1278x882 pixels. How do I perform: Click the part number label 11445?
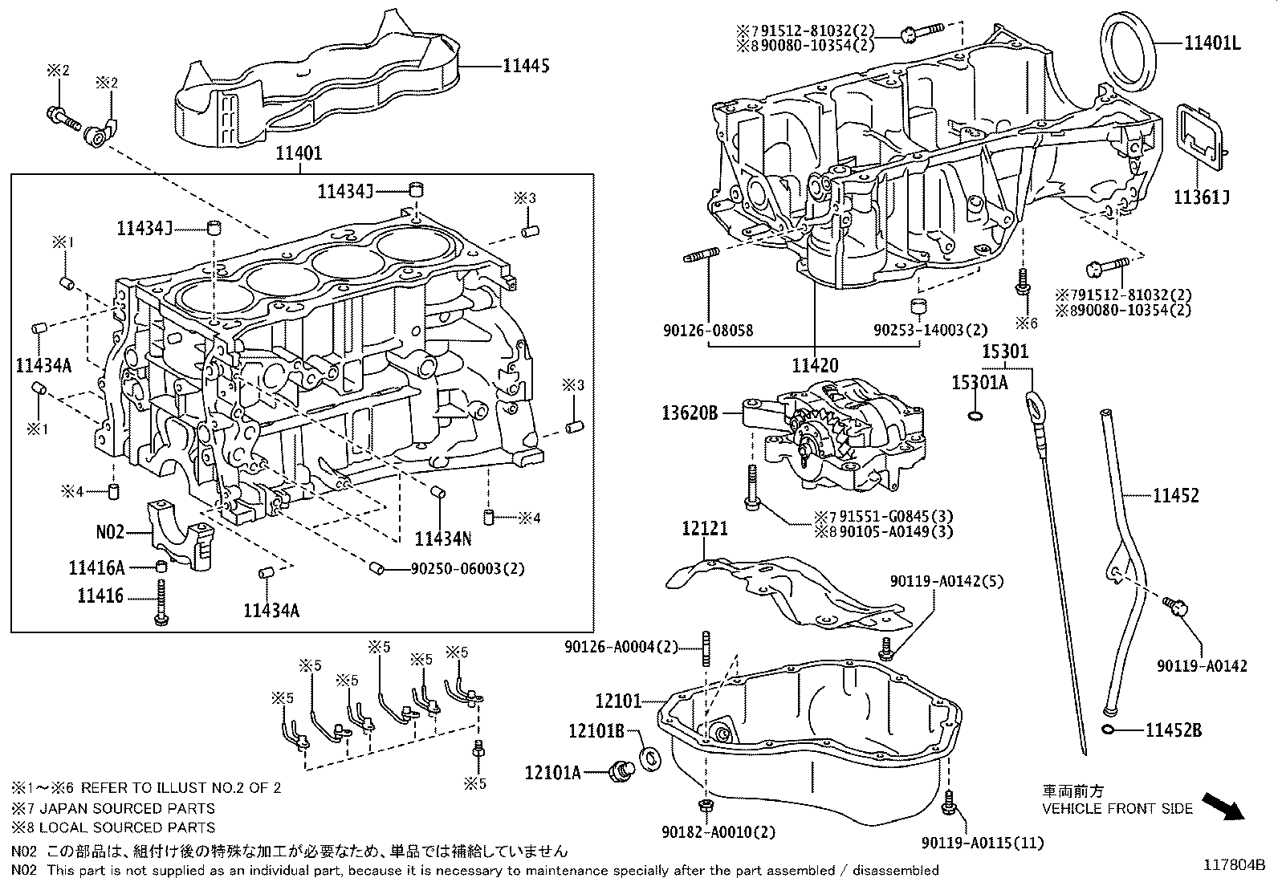click(526, 66)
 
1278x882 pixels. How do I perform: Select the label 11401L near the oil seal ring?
click(1211, 43)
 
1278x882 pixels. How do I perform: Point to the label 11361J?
click(1202, 197)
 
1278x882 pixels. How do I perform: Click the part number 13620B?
click(690, 413)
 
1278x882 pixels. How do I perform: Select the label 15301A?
click(979, 383)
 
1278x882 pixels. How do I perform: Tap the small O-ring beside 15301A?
click(975, 416)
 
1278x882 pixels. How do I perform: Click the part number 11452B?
click(1173, 730)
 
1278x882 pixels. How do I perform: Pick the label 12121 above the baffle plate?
click(705, 528)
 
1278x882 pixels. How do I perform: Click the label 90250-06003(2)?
click(467, 568)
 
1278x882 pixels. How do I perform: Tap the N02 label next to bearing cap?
click(110, 531)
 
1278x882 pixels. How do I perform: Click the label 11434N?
click(443, 538)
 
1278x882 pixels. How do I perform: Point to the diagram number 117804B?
click(1233, 865)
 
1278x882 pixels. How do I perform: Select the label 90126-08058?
click(710, 330)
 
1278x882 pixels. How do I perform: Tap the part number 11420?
click(815, 365)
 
